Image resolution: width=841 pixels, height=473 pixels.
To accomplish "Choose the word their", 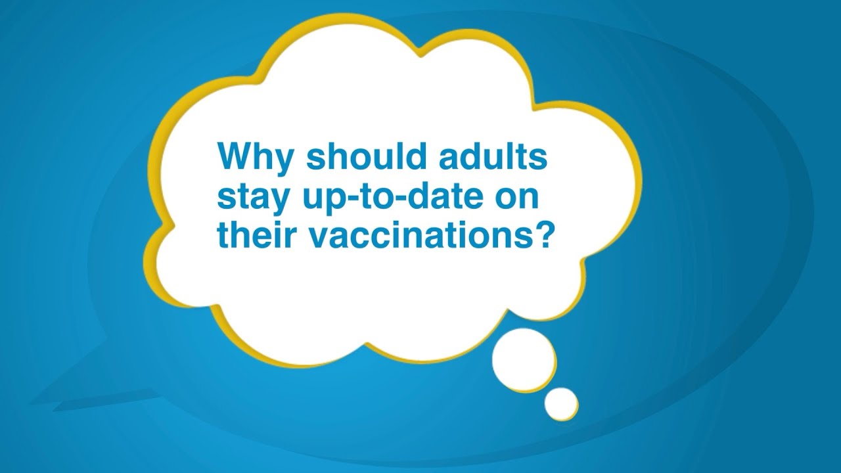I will pyautogui.click(x=252, y=234).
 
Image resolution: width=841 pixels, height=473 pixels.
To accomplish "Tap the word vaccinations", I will pyautogui.click(x=409, y=234).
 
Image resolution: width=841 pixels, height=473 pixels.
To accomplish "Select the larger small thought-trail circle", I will pyautogui.click(x=524, y=359).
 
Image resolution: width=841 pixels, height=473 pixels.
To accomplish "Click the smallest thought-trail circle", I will pyautogui.click(x=560, y=403).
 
